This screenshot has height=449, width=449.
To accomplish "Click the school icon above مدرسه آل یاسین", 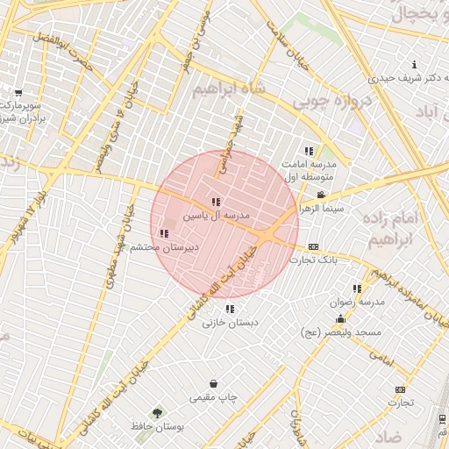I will click(x=217, y=202).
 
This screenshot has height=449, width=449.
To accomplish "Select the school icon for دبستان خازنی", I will click(x=230, y=309).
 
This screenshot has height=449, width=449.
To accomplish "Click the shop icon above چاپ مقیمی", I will click(x=214, y=383).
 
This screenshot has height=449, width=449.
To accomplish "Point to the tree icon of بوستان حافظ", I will click(x=157, y=412).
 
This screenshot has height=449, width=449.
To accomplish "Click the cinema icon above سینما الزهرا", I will click(x=321, y=196).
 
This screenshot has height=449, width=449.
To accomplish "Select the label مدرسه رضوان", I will click(x=356, y=302).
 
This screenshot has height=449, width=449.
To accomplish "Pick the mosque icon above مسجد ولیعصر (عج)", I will click(x=339, y=319).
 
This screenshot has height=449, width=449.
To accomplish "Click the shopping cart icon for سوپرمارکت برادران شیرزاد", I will click(x=18, y=92).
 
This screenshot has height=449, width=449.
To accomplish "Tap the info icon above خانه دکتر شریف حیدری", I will click(x=414, y=64).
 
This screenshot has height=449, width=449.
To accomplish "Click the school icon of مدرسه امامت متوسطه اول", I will click(x=308, y=152).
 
